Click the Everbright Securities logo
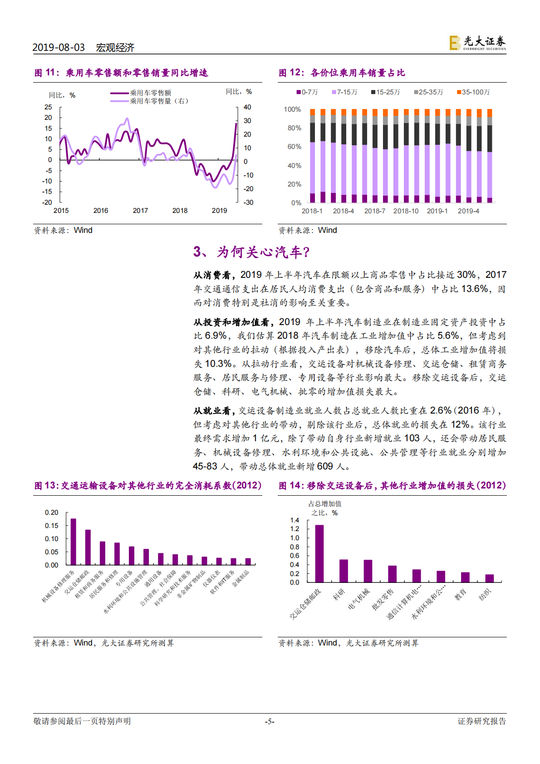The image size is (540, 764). [477, 43]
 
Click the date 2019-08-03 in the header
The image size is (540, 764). [59, 48]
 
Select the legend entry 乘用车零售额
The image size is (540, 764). [150, 93]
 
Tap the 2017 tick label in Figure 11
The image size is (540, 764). [140, 211]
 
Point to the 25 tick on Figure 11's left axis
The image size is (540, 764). [48, 107]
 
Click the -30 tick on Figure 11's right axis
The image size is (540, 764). [248, 202]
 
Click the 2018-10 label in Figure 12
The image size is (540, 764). [406, 211]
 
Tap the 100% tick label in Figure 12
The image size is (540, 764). [292, 109]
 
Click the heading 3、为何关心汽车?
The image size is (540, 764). [252, 252]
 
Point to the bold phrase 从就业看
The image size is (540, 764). [212, 411]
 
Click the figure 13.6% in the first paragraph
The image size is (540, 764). [475, 289]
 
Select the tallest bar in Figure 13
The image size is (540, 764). [74, 542]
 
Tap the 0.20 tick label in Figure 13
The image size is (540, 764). [52, 513]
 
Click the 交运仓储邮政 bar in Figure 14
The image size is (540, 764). [319, 553]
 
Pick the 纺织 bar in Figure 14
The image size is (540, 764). [490, 578]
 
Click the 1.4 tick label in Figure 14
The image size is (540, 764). [295, 520]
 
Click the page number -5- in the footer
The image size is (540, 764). [270, 721]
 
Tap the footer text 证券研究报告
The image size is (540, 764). [481, 721]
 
